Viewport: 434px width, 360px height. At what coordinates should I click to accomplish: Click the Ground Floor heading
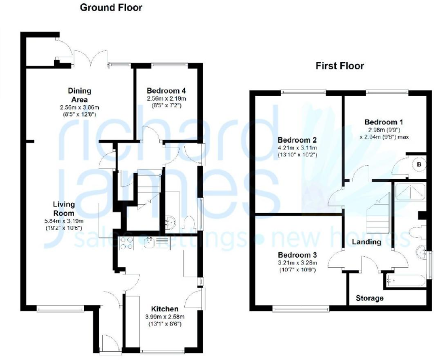click(111, 8)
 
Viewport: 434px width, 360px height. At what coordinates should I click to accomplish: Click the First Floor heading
click(340, 66)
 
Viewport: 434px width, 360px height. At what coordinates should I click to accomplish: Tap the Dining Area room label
click(80, 95)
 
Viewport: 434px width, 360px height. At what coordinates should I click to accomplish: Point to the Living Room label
click(64, 209)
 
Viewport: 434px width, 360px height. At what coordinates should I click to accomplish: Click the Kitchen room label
click(164, 309)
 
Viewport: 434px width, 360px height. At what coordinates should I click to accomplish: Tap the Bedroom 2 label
click(297, 140)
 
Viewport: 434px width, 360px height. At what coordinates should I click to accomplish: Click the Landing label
click(367, 242)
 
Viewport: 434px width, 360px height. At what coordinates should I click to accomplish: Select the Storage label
click(370, 298)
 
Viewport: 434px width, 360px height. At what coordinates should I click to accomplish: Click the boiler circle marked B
click(418, 164)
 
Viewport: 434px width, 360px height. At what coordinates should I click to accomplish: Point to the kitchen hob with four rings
click(126, 243)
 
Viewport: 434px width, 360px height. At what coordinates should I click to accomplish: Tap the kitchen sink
click(150, 243)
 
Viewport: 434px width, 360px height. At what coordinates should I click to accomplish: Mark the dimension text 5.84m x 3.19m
click(64, 221)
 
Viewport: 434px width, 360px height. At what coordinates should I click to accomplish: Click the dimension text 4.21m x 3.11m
click(297, 147)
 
